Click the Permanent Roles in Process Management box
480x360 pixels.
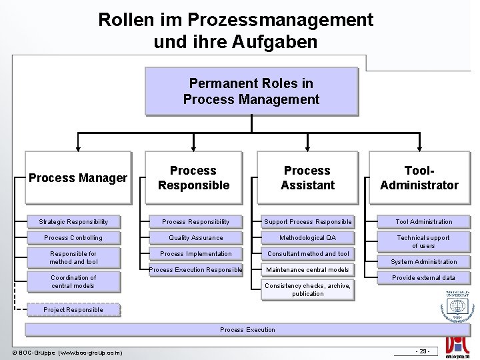[251, 91]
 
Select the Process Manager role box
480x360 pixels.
[77, 178]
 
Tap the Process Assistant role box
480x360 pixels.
[307, 178]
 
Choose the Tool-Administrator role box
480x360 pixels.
[419, 178]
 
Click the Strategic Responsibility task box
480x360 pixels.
[73, 221]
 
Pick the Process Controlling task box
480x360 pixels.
[73, 237]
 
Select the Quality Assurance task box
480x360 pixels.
[196, 237]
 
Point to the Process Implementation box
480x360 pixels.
[196, 253]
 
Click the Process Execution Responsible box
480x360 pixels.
[196, 269]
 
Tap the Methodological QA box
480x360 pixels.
[307, 237]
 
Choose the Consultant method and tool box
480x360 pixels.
[307, 253]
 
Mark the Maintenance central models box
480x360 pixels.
[307, 269]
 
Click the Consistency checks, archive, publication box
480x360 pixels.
[307, 289]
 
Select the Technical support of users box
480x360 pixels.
[423, 241]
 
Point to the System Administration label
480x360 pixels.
[423, 261]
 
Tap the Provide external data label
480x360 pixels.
[423, 277]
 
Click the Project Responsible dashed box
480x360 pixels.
[73, 309]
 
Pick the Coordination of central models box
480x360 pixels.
[73, 281]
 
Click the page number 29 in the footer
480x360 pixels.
[423, 351]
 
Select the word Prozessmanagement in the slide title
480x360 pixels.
[281, 20]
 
